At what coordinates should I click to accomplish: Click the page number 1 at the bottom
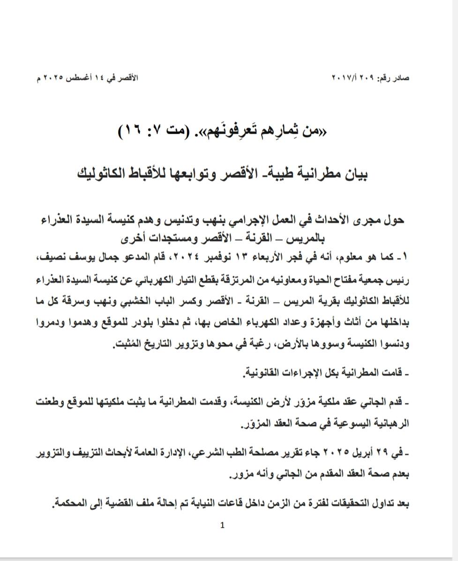click(x=222, y=525)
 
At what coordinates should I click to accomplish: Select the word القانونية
click(x=265, y=374)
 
